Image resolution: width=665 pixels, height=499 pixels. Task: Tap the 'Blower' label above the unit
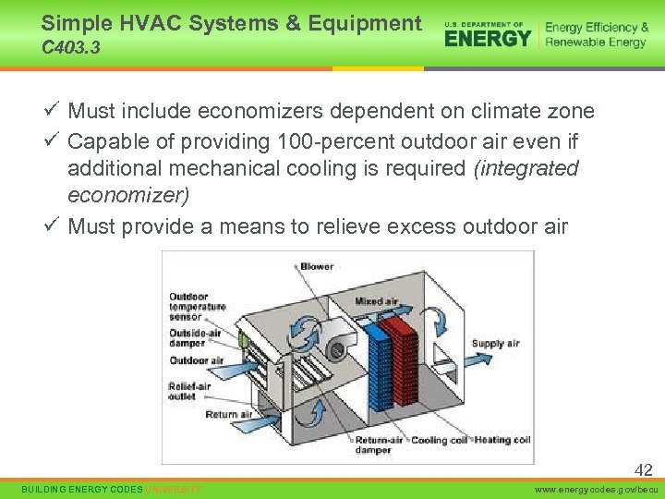[x=317, y=267]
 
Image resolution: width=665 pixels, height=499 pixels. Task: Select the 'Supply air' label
[x=495, y=344]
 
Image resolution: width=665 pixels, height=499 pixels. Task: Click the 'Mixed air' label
[x=376, y=301]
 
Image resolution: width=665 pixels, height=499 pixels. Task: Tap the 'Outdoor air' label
[x=196, y=360]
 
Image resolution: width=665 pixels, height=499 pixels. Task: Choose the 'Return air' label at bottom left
[x=227, y=415]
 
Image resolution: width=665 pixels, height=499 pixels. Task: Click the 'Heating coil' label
[x=502, y=440]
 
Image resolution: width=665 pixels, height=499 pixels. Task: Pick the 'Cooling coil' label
[x=441, y=440]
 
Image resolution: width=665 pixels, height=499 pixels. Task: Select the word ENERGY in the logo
[x=488, y=37]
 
